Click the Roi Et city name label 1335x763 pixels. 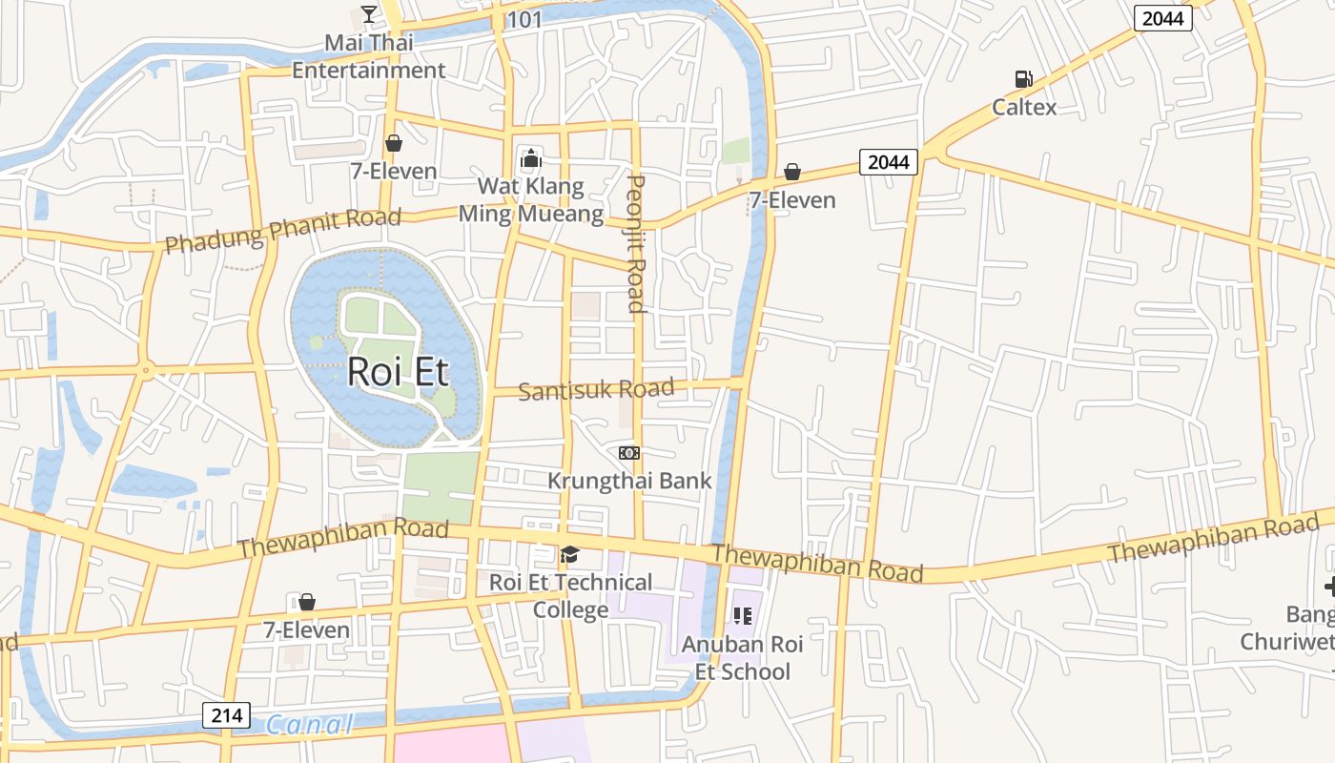398,371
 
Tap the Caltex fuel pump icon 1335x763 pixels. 1023,79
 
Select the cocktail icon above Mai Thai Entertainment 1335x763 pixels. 369,14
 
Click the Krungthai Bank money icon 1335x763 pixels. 628,452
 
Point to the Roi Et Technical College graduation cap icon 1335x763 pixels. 569,554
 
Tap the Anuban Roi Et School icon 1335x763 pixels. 742,616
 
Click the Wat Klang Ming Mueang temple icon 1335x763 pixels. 530,158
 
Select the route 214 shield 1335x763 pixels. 226,715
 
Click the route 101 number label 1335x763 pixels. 524,20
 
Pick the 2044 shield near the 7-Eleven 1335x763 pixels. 889,162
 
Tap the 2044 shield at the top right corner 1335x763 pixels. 1163,17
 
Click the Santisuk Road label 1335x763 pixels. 596,389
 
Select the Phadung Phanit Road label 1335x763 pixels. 282,231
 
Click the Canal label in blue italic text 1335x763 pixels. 309,725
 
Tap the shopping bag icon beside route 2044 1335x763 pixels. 791,172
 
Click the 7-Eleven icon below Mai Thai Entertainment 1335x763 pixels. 393,143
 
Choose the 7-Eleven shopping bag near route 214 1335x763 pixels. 306,602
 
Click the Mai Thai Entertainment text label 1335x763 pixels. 368,56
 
